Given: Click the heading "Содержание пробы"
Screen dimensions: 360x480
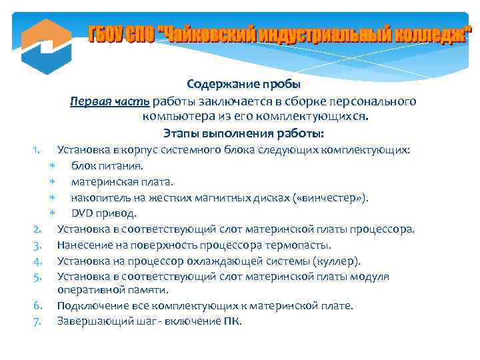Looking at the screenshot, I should click(243, 85).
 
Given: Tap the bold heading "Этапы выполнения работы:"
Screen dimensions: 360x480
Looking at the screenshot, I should click(243, 133).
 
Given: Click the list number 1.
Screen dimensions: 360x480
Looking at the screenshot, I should click(39, 149).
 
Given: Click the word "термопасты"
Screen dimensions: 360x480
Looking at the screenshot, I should click(299, 245).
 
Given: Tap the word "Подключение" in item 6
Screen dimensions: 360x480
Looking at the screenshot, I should click(89, 305).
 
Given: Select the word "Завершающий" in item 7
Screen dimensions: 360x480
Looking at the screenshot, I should click(89, 321).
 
